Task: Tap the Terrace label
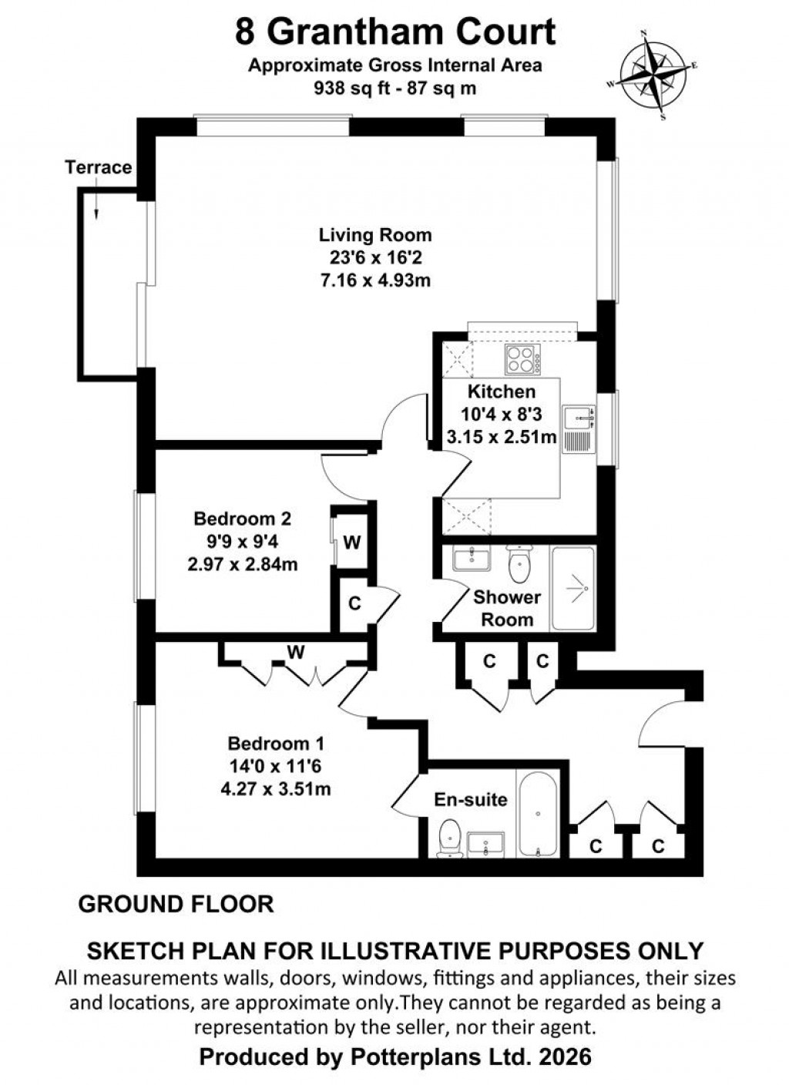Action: tap(98, 167)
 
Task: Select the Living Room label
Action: tap(375, 235)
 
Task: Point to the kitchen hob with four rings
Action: tap(523, 359)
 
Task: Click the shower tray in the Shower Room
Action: tap(573, 589)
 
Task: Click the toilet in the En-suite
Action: tap(448, 838)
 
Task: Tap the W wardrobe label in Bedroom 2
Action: tap(351, 542)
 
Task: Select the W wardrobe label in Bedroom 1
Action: tap(296, 653)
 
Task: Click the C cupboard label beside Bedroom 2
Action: tap(354, 603)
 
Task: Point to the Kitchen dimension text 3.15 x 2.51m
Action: tap(502, 438)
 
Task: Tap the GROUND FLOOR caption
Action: tap(176, 904)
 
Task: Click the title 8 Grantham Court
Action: tap(395, 32)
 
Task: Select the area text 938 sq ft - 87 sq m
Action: tap(394, 88)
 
